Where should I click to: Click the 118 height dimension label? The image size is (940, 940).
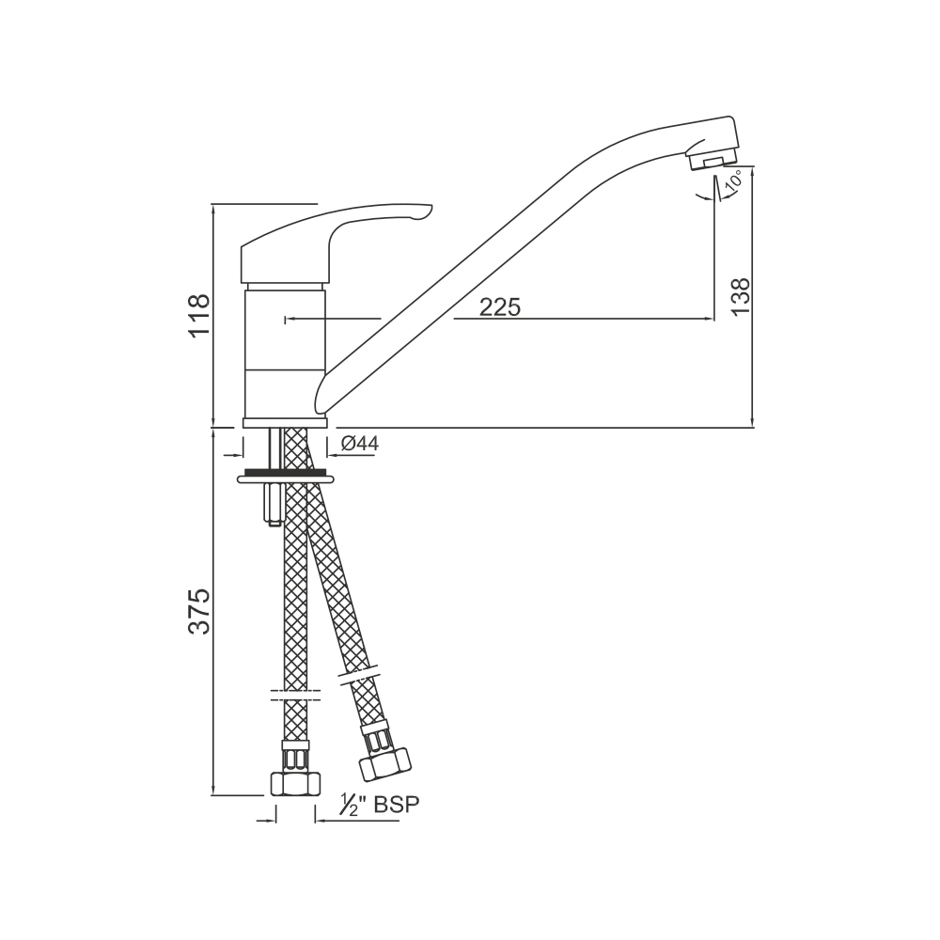coord(199,317)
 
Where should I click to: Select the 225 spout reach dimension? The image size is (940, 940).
coord(500,307)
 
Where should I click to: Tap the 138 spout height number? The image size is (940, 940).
coord(741,296)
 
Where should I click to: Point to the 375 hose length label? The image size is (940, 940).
coord(199,611)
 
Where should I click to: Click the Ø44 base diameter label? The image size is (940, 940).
coord(360,444)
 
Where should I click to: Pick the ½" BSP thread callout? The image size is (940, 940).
coord(380,805)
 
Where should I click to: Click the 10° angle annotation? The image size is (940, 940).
coord(735,180)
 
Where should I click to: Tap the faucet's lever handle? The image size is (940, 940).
coord(336,240)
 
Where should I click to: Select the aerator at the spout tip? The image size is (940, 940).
coord(713,160)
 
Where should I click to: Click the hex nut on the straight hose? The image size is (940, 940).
coord(296,784)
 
